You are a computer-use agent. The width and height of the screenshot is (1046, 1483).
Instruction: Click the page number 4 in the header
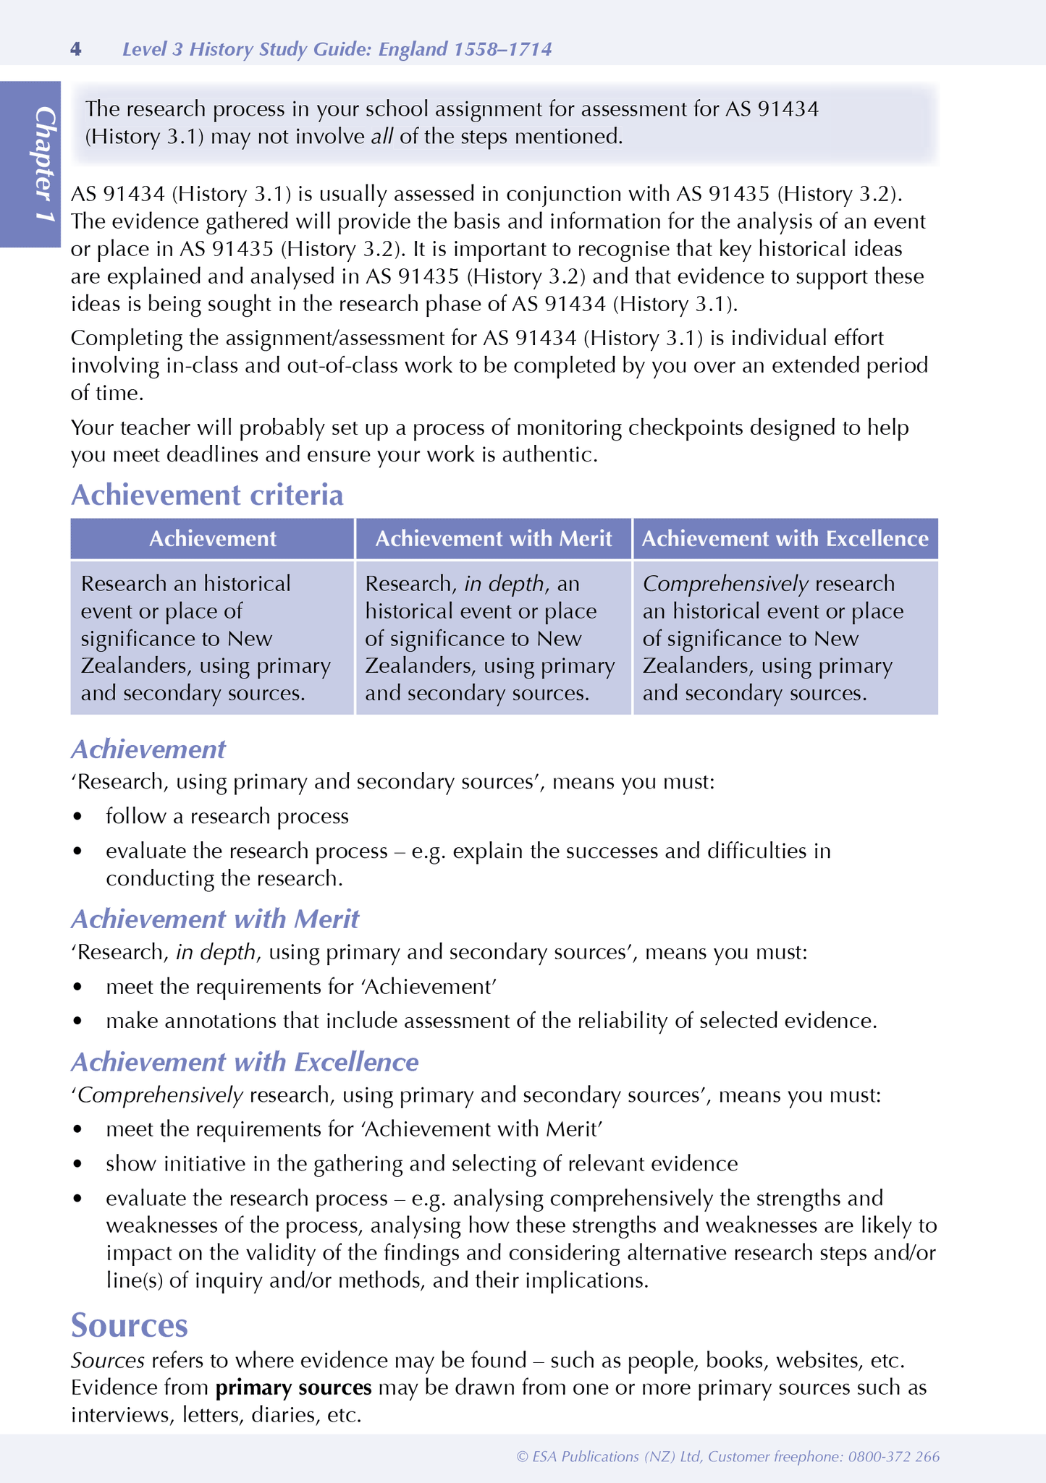76,49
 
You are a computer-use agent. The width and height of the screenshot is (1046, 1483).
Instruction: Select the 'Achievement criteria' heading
207,496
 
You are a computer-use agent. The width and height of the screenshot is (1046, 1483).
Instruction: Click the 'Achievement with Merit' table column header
494,539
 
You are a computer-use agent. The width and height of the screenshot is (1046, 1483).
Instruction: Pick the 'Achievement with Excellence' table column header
785,539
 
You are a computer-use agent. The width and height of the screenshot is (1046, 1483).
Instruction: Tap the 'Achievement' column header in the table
212,539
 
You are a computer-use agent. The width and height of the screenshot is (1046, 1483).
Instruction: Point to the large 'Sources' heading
130,1326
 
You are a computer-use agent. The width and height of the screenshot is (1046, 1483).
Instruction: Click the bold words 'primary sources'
294,1388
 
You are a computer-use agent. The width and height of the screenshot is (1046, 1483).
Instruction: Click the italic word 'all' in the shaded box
381,137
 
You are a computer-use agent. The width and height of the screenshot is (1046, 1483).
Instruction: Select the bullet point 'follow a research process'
227,817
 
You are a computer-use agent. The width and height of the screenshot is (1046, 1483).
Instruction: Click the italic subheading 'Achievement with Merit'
215,919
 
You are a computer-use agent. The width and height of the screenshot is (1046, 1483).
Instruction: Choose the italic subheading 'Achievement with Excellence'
245,1062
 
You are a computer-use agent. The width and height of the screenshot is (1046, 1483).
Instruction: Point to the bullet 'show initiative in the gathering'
421,1164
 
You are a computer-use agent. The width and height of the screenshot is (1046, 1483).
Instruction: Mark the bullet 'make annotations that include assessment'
491,1021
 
